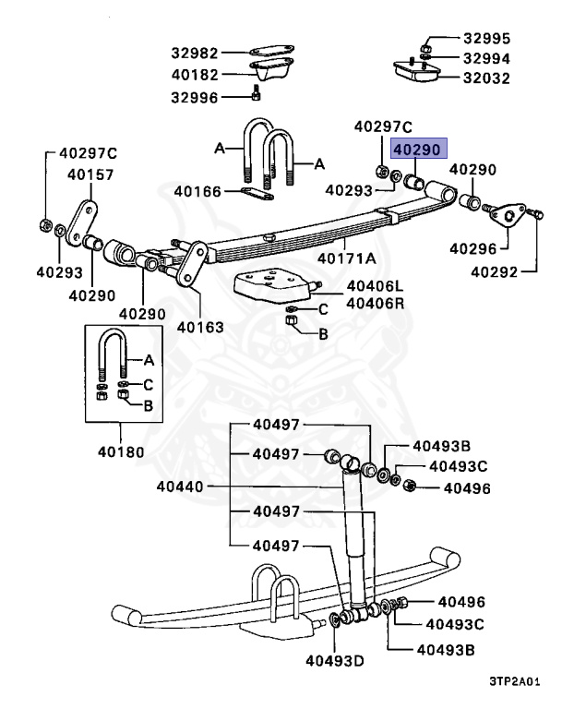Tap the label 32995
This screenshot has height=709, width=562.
(486, 40)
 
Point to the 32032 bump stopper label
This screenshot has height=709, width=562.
(486, 78)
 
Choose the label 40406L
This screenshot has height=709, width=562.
(348, 286)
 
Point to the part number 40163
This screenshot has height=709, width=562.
(200, 326)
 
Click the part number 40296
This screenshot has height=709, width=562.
(472, 247)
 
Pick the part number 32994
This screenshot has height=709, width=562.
(486, 58)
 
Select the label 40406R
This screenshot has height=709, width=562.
(348, 303)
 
